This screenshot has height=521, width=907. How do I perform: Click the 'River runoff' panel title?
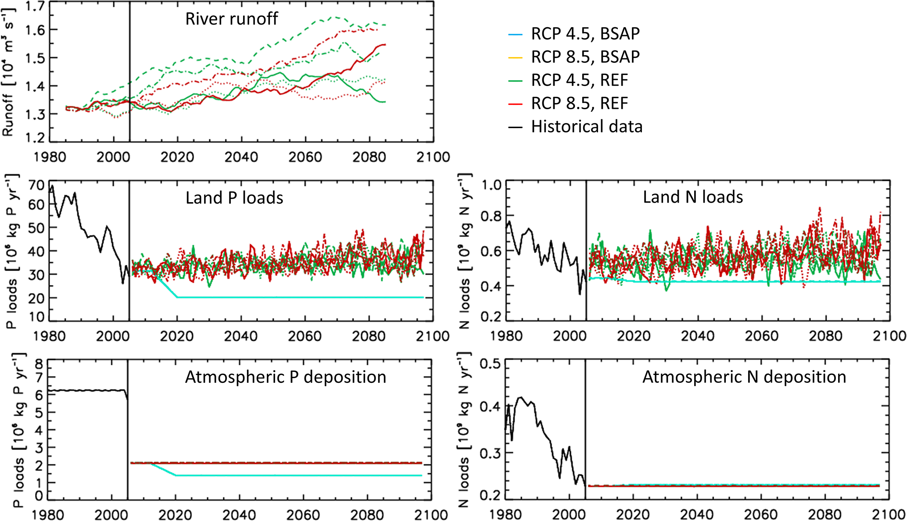click(231, 19)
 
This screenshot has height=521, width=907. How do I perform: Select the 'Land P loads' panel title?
click(234, 198)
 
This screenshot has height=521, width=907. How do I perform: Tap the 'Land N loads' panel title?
click(693, 197)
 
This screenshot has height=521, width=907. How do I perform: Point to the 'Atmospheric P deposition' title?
click(286, 377)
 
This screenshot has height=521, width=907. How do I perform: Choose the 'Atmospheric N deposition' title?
click(744, 377)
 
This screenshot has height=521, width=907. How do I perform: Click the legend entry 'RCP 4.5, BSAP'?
click(585, 34)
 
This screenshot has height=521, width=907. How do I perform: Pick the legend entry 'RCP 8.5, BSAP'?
click(585, 57)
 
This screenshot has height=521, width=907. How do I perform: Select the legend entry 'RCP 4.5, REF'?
click(579, 80)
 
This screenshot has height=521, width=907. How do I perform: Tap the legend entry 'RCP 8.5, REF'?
click(579, 103)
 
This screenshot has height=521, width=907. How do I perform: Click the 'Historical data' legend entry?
click(587, 127)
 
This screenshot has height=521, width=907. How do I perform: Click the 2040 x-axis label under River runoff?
click(241, 157)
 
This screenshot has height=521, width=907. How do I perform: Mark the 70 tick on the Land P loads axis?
click(36, 185)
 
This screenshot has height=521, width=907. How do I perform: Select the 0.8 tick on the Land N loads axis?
click(491, 216)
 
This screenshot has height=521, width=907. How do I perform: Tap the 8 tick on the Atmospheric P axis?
click(39, 364)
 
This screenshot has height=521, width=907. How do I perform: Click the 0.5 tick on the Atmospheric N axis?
click(491, 364)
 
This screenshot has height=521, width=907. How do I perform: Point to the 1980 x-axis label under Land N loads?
click(506, 336)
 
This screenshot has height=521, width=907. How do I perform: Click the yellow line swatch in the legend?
click(515, 57)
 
